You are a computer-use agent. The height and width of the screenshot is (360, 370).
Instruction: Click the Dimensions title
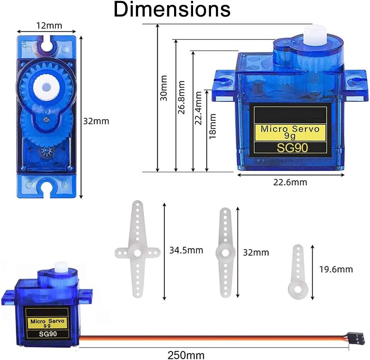(172, 9)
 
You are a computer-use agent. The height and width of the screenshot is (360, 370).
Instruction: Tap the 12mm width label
(49, 26)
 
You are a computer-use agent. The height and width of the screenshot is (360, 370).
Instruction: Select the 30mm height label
(164, 88)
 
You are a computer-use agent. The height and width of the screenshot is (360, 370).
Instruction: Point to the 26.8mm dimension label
(182, 97)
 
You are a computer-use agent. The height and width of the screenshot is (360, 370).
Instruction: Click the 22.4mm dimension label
(198, 108)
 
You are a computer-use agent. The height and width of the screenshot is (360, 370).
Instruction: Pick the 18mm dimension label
(212, 126)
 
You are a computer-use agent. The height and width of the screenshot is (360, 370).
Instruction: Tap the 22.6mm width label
(290, 183)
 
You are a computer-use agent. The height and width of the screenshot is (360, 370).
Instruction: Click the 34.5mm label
(186, 250)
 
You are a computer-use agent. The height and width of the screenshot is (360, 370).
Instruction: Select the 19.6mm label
(336, 269)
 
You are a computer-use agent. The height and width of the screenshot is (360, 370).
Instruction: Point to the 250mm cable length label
(186, 355)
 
